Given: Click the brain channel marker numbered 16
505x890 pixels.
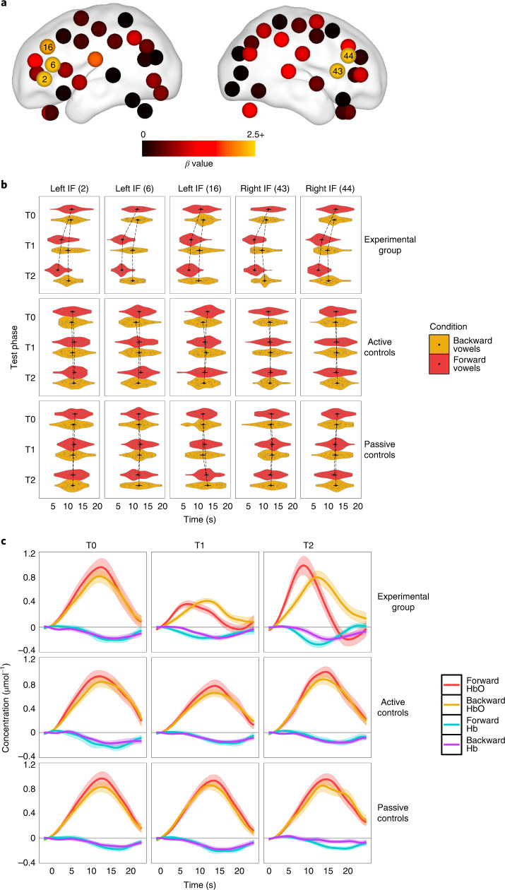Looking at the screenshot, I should [x=48, y=47].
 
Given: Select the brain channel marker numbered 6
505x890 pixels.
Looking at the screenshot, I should [x=52, y=64].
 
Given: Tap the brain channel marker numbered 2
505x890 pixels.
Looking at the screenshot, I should [x=44, y=78].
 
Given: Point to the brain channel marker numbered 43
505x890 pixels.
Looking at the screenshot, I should [x=338, y=71].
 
